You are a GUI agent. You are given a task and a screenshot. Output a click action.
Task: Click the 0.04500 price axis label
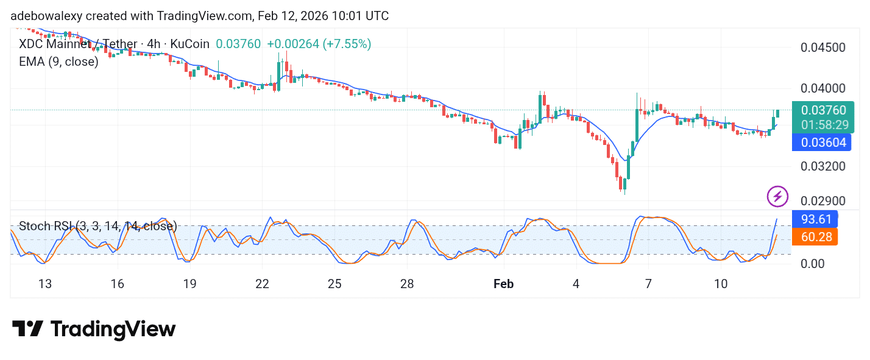[822, 48]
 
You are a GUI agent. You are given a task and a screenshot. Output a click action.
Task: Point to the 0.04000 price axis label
[822, 88]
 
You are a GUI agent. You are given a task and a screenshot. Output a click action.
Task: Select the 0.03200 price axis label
[822, 166]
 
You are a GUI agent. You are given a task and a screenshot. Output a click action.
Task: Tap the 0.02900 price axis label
[822, 201]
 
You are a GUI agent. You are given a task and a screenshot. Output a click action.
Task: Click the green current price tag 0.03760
[823, 110]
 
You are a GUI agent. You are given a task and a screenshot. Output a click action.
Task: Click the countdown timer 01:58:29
[824, 125]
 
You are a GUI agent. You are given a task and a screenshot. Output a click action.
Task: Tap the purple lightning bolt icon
[777, 196]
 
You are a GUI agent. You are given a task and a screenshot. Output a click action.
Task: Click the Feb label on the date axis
[503, 284]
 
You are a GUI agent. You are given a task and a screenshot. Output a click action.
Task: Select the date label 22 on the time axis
[262, 284]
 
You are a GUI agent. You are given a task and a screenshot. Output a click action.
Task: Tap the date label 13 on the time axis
[44, 284]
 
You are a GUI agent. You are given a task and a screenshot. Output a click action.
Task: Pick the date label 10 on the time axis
[721, 284]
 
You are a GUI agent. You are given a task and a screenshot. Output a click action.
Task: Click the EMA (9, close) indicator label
[58, 62]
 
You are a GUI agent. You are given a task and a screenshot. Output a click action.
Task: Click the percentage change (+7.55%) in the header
[347, 44]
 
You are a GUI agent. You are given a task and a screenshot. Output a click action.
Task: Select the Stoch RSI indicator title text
[97, 227]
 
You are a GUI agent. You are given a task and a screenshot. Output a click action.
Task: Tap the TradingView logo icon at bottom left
[28, 330]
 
